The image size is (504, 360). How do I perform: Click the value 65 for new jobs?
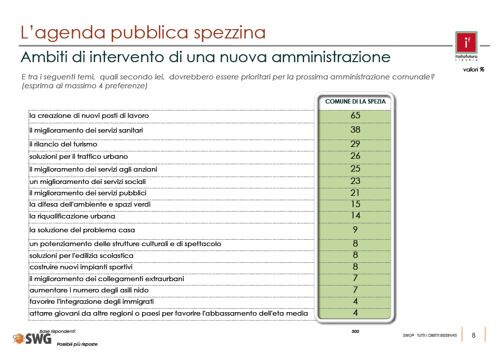pos(355,115)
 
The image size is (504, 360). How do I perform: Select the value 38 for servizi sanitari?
pos(355,130)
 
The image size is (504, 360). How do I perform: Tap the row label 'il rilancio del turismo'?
pos(63,144)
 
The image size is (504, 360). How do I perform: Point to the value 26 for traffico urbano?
pos(355,156)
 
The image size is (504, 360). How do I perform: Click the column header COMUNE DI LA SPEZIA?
pos(355,102)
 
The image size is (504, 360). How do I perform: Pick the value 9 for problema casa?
pos(355,229)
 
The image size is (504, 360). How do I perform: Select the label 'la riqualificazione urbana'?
pos(72,216)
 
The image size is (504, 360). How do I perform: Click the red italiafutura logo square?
pos(466,42)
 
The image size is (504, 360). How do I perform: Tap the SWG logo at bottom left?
pos(32,338)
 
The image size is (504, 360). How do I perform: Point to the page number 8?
pos(473,335)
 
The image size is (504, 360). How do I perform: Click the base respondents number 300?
pos(355,331)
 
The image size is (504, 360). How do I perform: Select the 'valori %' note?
pos(473,70)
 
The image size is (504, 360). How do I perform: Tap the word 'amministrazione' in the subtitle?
pos(331,57)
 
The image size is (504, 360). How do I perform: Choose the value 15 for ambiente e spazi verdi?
pos(355,204)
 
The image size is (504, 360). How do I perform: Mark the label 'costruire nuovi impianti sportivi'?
pos(81,267)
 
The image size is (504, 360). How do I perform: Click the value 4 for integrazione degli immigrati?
pos(355,301)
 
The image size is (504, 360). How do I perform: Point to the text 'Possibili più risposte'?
pos(77,344)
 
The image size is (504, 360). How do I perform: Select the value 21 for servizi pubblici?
pos(355,192)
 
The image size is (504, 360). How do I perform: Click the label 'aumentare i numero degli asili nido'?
pos(89,290)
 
